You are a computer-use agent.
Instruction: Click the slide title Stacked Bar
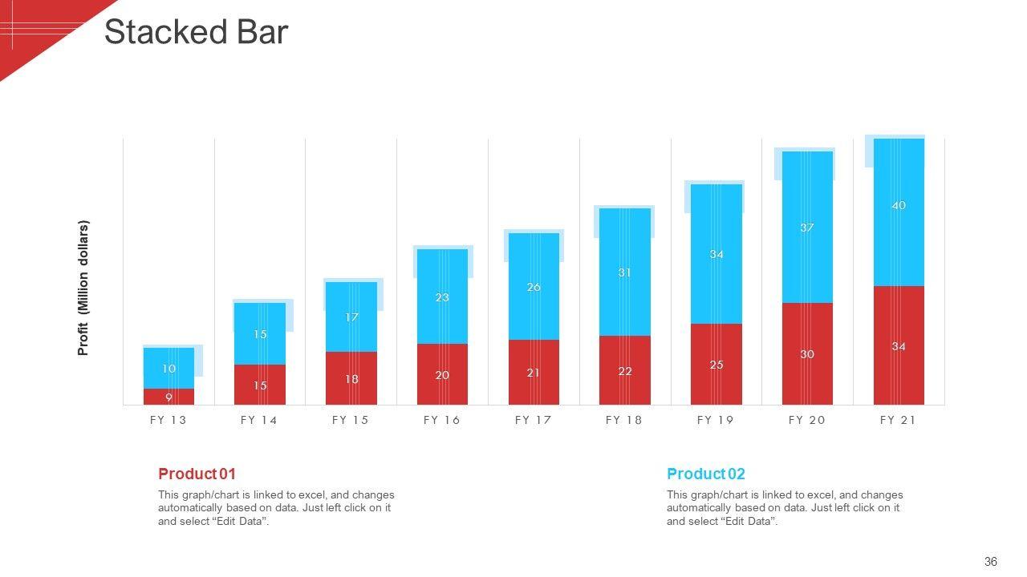pyautogui.click(x=196, y=33)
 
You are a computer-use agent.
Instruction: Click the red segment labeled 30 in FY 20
pyautogui.click(x=807, y=354)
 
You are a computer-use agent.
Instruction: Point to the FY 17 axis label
pyautogui.click(x=534, y=420)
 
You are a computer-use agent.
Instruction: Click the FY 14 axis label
pyautogui.click(x=259, y=420)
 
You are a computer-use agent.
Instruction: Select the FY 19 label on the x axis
pyautogui.click(x=716, y=420)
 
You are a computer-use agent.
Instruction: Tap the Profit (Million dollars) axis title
pyautogui.click(x=83, y=288)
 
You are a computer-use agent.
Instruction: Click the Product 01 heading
pyautogui.click(x=197, y=474)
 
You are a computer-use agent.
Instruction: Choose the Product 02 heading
pyautogui.click(x=705, y=474)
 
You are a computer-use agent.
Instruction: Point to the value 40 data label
pyautogui.click(x=899, y=206)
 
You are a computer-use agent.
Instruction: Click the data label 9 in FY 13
pyautogui.click(x=168, y=397)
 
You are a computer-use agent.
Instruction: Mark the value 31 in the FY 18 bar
pyautogui.click(x=625, y=272)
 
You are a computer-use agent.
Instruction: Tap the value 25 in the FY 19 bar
pyautogui.click(x=716, y=365)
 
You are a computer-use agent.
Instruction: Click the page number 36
pyautogui.click(x=990, y=562)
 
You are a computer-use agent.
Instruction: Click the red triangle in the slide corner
pyautogui.click(x=32, y=28)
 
